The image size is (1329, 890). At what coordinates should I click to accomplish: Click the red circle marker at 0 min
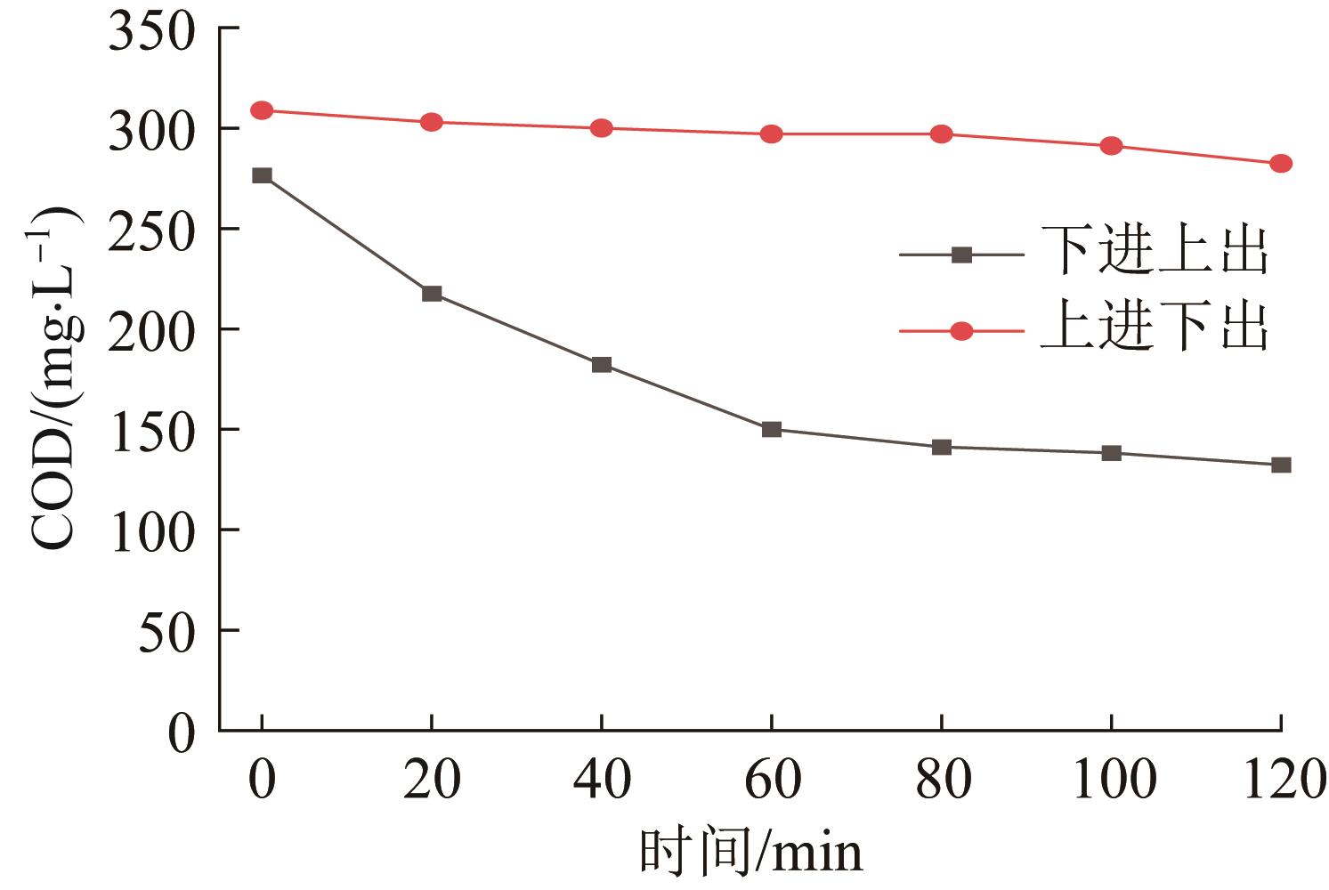point(262,110)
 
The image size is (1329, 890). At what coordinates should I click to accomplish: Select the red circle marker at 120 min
point(1281,164)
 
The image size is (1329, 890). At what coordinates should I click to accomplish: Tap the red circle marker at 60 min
point(772,134)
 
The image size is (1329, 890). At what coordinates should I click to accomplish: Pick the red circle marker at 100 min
point(1111,146)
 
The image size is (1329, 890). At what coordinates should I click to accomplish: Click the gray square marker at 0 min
point(262,175)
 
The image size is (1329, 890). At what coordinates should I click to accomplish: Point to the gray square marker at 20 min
point(432,294)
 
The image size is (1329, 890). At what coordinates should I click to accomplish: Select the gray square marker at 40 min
point(602,365)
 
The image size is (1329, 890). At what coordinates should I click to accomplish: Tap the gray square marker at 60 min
point(772,429)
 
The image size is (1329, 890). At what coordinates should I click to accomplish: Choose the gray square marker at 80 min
point(942,447)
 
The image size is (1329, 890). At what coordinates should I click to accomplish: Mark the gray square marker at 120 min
point(1281,465)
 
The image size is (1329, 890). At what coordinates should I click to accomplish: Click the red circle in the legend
point(961,331)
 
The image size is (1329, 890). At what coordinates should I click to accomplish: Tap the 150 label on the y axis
point(151,430)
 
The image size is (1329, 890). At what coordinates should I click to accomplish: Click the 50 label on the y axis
point(166,630)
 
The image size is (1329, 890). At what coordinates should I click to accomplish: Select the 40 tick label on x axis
point(602,781)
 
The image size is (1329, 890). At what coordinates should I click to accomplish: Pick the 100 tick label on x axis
point(1111,781)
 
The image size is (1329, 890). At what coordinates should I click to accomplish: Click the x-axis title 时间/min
point(750,852)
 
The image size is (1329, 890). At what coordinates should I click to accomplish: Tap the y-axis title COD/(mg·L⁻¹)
point(55,378)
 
